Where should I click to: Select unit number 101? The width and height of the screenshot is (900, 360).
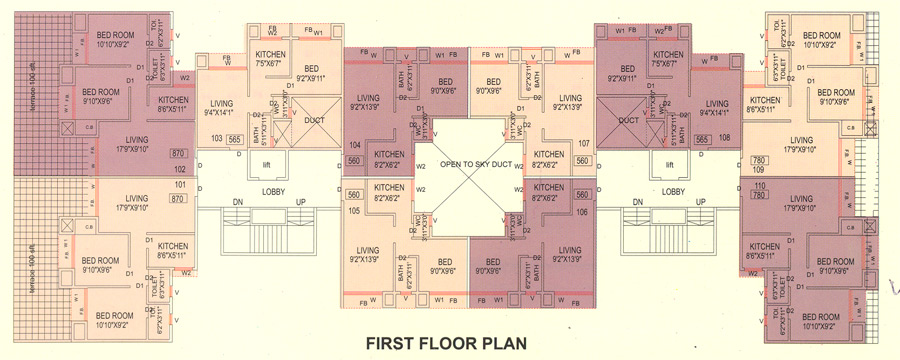point(180,185)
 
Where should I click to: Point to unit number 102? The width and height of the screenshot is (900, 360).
point(180,170)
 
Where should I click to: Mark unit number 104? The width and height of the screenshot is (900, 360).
point(353,144)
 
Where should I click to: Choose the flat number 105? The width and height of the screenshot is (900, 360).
point(353,211)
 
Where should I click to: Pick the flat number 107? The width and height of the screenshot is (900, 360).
point(584,143)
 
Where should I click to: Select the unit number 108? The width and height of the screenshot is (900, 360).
point(725,140)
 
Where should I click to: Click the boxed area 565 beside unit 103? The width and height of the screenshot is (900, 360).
point(236,140)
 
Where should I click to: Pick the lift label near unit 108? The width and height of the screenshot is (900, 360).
point(671,164)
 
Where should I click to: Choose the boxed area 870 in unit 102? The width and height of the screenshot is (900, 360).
point(179,153)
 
